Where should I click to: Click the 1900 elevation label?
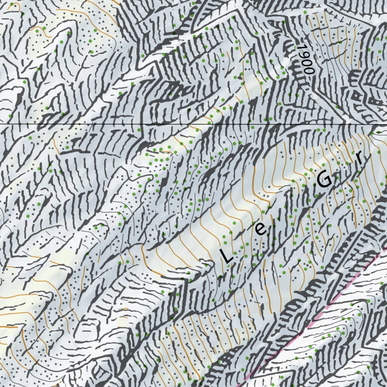click(x=305, y=59)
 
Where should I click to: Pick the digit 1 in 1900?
click(x=301, y=47)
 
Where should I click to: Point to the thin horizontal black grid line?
click(x=189, y=124)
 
